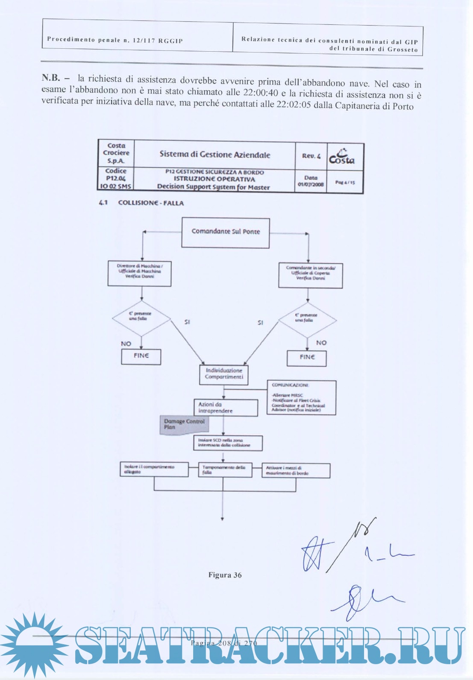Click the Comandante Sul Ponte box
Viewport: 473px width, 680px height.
pos(225,233)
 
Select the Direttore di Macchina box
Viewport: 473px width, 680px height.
pos(139,274)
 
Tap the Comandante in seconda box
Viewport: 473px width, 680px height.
pos(311,275)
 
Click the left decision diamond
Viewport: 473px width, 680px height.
pos(141,318)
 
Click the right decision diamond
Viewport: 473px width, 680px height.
pos(307,319)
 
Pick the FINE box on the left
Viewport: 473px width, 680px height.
pos(141,356)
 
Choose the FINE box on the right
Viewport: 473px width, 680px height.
pos(307,358)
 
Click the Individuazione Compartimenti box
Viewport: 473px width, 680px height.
pos(224,374)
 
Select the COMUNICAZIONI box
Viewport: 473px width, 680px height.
pos(301,397)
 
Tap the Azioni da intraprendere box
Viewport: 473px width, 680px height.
pos(226,408)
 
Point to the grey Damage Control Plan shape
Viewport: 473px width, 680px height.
pos(184,425)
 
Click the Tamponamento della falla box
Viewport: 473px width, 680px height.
pos(225,470)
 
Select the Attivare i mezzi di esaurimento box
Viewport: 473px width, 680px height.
pos(296,470)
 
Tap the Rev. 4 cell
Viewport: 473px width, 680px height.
pos(311,156)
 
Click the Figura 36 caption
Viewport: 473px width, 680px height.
pos(225,575)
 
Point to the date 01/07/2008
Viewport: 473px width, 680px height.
pos(311,185)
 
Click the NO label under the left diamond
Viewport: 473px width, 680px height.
pos(126,344)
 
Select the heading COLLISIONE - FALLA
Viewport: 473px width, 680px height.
pos(151,203)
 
